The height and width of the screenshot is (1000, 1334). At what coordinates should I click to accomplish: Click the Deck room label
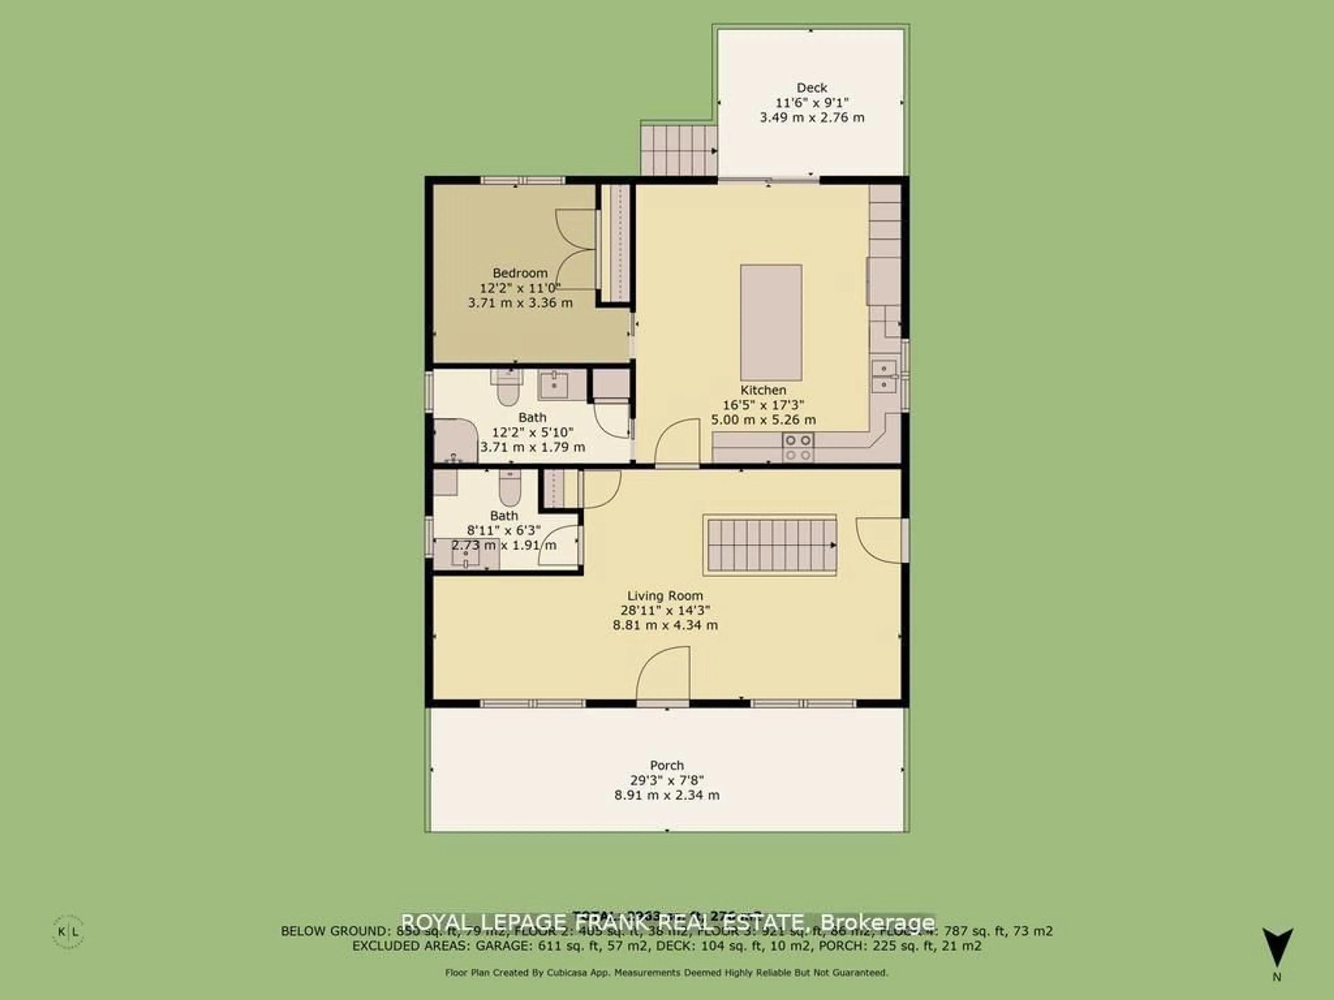[812, 88]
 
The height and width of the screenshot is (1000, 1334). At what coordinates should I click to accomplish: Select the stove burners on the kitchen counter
[797, 447]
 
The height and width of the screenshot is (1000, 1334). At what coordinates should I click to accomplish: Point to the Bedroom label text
[520, 273]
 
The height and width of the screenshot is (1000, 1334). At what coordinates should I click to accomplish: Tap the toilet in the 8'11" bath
[510, 488]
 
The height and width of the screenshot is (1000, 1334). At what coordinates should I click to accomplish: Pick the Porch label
[667, 766]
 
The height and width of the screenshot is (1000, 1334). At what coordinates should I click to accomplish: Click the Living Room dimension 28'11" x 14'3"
[665, 610]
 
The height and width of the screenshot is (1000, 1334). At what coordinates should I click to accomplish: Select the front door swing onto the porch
[664, 675]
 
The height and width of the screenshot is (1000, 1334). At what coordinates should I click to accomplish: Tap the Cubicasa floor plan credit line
[666, 972]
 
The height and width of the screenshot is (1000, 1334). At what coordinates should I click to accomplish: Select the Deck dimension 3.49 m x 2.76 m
[812, 118]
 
